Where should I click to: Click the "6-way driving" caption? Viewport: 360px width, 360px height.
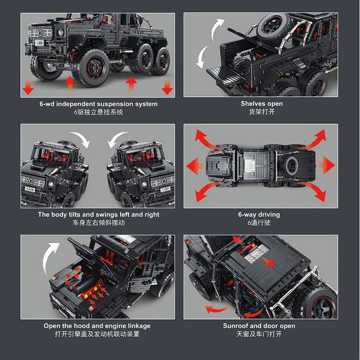point(259,215)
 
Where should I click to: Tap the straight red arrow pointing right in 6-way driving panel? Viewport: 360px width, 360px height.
point(327,165)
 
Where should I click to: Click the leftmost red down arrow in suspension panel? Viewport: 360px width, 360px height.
point(28,87)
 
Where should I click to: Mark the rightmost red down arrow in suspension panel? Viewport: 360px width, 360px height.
point(167,87)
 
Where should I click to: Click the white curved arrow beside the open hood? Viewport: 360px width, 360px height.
point(52,256)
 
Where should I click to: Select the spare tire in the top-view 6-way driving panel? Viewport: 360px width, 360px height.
point(291,166)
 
